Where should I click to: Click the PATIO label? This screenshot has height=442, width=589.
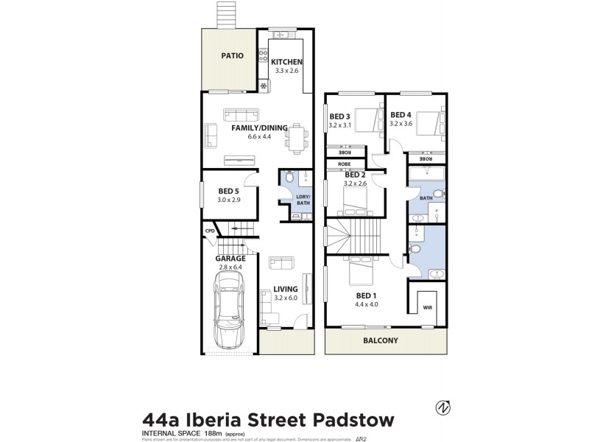click(233, 56)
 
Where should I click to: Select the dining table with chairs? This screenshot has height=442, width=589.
click(296, 137)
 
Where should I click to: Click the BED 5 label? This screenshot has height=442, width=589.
click(228, 191)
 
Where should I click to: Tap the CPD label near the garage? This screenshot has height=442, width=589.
click(209, 231)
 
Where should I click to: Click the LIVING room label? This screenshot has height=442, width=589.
click(285, 289)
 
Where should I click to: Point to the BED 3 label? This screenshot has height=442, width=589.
click(339, 116)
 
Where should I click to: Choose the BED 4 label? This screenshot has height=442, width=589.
click(401, 115)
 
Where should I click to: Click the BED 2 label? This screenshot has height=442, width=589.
click(355, 175)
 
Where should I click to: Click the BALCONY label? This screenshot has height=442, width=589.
click(380, 340)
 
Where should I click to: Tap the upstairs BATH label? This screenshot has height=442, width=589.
click(426, 197)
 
